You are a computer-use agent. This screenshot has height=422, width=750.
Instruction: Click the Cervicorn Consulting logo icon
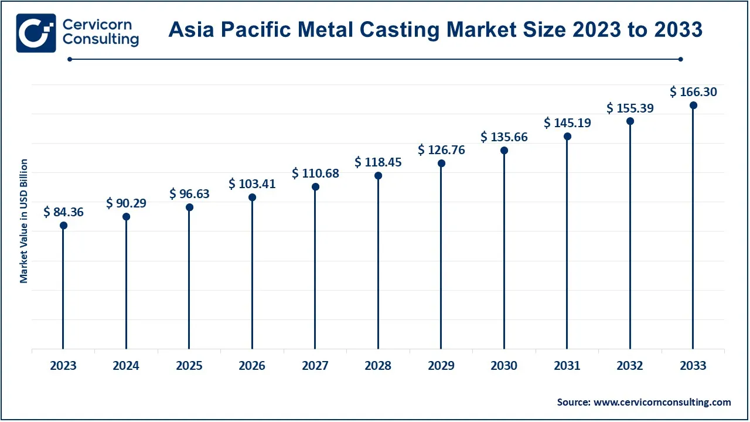click(x=36, y=33)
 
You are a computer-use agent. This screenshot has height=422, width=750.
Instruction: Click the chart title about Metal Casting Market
click(x=435, y=29)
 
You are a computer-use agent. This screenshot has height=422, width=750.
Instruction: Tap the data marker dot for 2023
click(x=63, y=226)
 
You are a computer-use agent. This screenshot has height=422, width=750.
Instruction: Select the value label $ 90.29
click(x=126, y=203)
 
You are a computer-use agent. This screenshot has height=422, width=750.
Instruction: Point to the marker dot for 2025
click(x=189, y=207)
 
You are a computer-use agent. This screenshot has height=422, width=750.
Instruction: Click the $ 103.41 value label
click(x=252, y=184)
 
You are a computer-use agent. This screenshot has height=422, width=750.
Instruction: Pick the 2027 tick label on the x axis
click(x=315, y=366)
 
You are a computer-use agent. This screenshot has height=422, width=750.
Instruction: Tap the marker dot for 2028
click(x=378, y=176)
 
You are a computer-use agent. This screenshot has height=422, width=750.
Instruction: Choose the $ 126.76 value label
click(x=441, y=150)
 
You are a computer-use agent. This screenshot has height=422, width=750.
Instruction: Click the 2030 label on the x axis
click(x=504, y=366)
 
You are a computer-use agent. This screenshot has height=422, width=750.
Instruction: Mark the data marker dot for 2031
click(x=567, y=137)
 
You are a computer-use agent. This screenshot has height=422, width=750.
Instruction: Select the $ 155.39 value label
click(x=630, y=108)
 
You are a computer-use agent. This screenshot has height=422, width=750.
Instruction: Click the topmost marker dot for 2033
click(x=693, y=105)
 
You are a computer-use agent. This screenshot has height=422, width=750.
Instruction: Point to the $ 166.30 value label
click(x=693, y=92)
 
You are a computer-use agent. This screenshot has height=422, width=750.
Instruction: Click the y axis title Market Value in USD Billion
click(x=24, y=220)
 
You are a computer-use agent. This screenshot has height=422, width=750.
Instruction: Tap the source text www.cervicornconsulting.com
click(x=662, y=402)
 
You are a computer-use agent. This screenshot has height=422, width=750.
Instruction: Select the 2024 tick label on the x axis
click(x=126, y=366)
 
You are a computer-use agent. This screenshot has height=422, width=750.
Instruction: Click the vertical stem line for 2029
click(x=441, y=258)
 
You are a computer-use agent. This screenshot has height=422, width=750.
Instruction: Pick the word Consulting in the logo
click(x=100, y=39)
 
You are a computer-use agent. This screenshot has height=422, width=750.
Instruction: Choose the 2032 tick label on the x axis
click(x=630, y=366)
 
